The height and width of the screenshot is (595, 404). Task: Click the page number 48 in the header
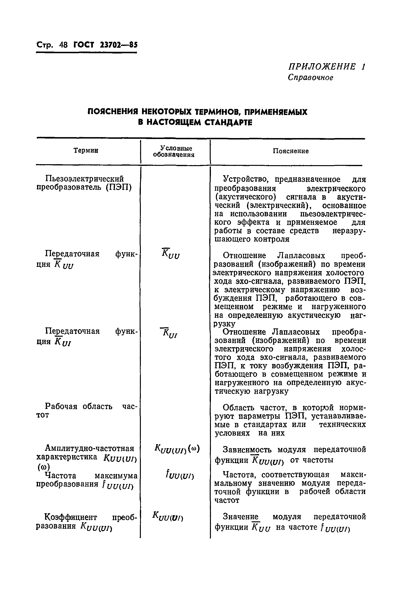pyautogui.click(x=63, y=45)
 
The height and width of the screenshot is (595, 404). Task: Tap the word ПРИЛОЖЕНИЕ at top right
pyautogui.click(x=322, y=67)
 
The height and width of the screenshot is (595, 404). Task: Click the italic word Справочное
pyautogui.click(x=310, y=77)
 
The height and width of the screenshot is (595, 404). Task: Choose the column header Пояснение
pyautogui.click(x=291, y=151)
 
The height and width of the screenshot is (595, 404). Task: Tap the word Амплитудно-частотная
pyautogui.click(x=90, y=448)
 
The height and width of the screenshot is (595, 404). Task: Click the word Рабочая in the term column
pyautogui.click(x=61, y=406)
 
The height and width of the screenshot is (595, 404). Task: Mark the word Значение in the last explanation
pyautogui.click(x=241, y=516)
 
